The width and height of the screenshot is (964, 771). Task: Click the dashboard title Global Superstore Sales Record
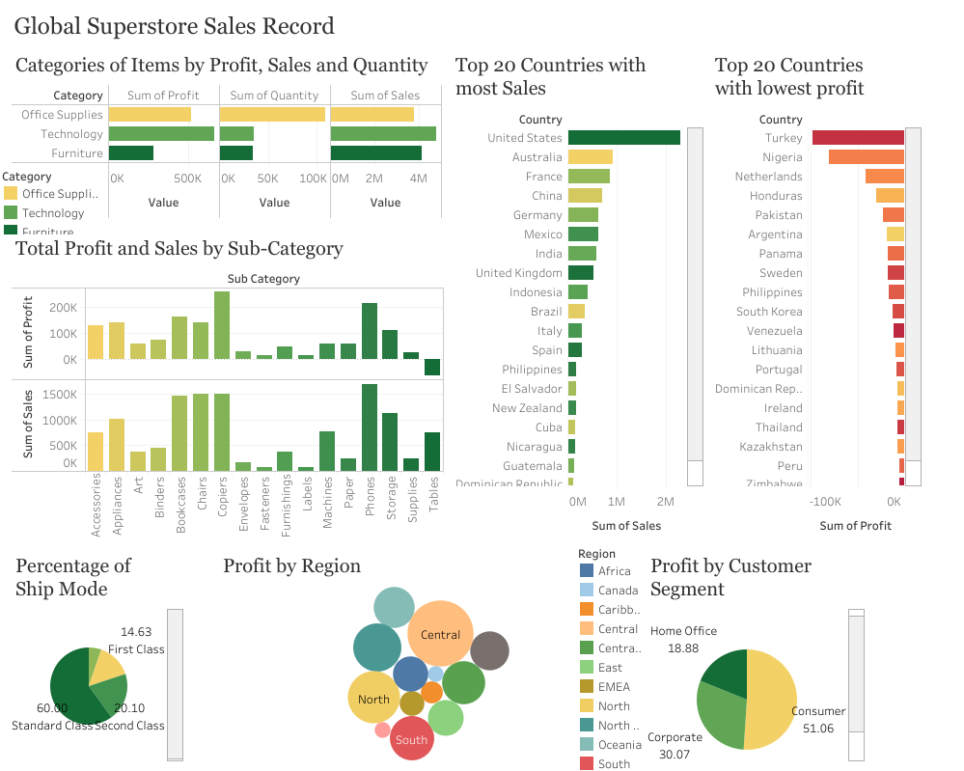tap(175, 26)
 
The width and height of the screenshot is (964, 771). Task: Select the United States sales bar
tap(623, 138)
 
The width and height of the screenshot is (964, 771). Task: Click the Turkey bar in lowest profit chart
tap(857, 138)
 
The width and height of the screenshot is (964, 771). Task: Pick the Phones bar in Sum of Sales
tap(370, 427)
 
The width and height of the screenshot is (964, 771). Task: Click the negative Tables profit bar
tap(432, 367)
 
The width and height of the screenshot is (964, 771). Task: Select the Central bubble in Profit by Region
tap(440, 634)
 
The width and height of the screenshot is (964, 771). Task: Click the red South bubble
tap(412, 739)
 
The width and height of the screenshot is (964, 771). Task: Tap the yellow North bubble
tap(373, 699)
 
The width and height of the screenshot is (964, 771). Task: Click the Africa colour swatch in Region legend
tap(587, 570)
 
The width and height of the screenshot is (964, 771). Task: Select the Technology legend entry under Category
tap(53, 213)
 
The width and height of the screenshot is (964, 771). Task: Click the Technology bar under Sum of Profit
tap(160, 134)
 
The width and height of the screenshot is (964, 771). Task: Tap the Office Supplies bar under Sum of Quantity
tap(272, 115)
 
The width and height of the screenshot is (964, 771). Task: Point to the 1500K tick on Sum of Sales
tap(60, 395)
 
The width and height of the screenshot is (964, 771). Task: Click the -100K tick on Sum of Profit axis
tap(826, 503)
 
